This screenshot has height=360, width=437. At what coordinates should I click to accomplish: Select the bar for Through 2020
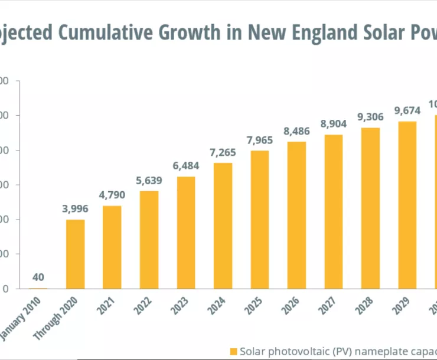75,254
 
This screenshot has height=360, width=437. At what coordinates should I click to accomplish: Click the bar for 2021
112,247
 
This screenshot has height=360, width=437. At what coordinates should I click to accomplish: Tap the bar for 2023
186,233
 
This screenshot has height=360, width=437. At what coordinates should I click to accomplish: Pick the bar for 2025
259,220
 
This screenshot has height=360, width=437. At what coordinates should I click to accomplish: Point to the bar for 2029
407,205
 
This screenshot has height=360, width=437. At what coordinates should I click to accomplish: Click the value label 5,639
149,181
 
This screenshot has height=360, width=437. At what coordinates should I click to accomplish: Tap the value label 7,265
223,153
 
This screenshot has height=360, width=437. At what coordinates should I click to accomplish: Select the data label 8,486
296,132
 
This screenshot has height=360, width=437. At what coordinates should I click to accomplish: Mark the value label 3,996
75,210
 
